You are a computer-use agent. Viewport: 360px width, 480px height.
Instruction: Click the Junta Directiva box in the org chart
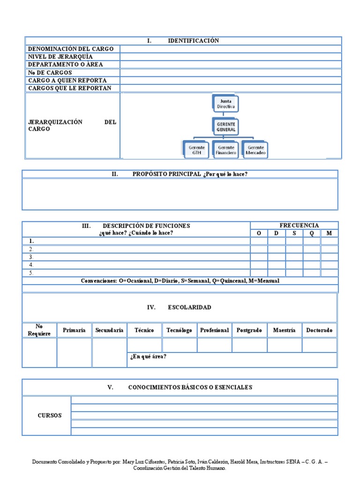coord(226,104)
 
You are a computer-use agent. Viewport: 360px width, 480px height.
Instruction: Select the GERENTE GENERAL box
coord(226,127)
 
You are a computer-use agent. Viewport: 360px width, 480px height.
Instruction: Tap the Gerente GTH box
coord(197,150)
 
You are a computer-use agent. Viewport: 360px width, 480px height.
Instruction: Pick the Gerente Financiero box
coord(226,150)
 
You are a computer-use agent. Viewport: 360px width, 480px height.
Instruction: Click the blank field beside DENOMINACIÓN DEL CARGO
coord(231,49)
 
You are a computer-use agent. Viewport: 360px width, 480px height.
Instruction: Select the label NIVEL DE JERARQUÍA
coord(60,57)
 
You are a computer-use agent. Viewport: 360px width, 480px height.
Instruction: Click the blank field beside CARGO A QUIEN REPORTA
coord(231,81)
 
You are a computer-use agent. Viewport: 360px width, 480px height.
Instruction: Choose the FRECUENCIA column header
coord(299,225)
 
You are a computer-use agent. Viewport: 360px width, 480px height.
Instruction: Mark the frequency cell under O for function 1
coord(259,241)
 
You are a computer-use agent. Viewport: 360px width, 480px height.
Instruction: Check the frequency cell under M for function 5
coord(329,272)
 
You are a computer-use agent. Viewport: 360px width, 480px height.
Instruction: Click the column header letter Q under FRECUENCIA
coord(312,233)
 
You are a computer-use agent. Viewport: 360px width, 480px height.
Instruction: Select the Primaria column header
coord(74,330)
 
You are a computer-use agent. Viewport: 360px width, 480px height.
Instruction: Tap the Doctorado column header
coord(319,330)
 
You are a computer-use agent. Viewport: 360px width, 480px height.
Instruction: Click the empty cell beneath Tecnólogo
coord(180,345)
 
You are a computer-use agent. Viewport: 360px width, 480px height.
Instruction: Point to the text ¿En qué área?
coord(148,357)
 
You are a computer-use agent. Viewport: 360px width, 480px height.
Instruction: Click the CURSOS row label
coord(50,415)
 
